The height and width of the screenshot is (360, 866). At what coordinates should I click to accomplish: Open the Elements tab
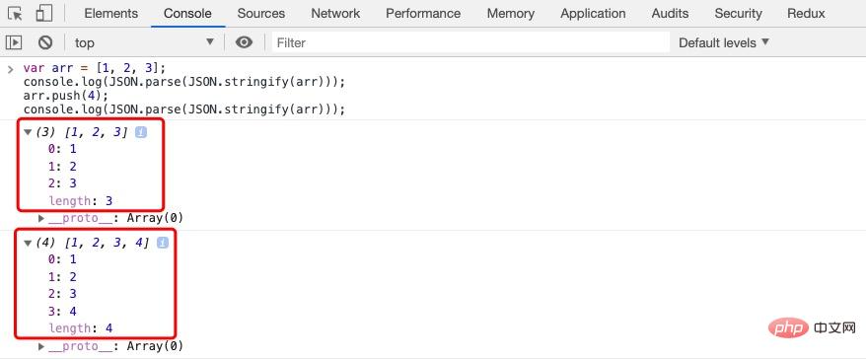click(x=110, y=14)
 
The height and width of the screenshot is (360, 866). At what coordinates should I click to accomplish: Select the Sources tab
click(x=261, y=14)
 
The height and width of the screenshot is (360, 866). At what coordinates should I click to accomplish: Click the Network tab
click(x=335, y=14)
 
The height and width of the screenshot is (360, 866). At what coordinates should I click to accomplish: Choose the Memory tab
click(x=511, y=14)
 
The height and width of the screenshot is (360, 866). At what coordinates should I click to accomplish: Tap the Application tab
click(x=593, y=14)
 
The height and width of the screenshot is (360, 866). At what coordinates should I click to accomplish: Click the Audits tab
click(x=670, y=14)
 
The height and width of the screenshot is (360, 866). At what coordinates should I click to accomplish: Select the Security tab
click(x=738, y=14)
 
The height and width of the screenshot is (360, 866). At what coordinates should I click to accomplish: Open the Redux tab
click(x=806, y=14)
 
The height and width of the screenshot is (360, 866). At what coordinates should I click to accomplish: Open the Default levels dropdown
click(x=724, y=42)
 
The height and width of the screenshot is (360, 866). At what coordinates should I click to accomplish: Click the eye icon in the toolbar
click(x=244, y=42)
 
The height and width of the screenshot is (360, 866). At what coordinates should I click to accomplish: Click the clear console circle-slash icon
click(x=45, y=42)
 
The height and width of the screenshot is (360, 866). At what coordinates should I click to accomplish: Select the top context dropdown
click(x=143, y=42)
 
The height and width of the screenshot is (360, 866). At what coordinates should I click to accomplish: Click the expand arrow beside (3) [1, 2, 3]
click(x=28, y=132)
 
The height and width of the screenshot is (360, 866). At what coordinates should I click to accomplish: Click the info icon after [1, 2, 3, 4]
click(x=162, y=243)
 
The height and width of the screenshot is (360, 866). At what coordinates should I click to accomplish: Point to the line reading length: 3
click(x=81, y=200)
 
